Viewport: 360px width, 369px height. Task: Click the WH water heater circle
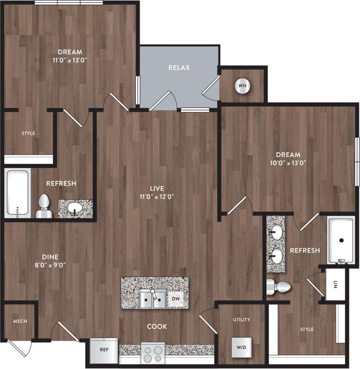[x=242, y=86]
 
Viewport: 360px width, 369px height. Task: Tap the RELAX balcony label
[x=179, y=68]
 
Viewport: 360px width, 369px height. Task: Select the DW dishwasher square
[x=176, y=299]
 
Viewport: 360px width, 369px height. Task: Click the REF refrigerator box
[x=104, y=350]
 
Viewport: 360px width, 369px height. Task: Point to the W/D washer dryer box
[x=241, y=347]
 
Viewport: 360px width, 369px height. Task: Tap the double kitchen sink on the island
[x=152, y=299]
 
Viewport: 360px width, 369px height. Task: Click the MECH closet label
[x=20, y=321]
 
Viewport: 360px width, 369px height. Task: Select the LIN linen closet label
[x=335, y=284]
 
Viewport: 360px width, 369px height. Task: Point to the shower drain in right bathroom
[x=341, y=240]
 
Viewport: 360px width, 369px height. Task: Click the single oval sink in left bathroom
[x=75, y=207]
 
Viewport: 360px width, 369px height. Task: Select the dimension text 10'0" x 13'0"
[x=288, y=163]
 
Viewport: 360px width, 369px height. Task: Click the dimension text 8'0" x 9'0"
[x=50, y=265]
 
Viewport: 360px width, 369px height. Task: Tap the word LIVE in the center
[x=157, y=188]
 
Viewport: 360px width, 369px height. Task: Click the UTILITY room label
[x=241, y=320]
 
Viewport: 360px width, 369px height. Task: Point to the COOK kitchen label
[x=157, y=327]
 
